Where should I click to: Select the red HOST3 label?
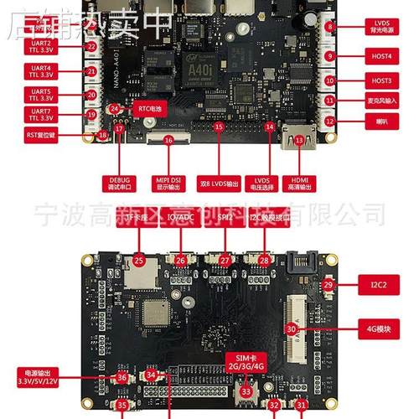[380, 80]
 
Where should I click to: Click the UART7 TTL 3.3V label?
[40, 115]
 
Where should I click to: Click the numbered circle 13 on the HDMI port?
[299, 141]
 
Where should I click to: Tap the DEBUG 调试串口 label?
[121, 184]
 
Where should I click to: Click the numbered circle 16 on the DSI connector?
[168, 142]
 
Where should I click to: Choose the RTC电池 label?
[142, 108]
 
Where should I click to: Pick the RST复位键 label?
[41, 134]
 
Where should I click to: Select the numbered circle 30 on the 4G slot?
[292, 329]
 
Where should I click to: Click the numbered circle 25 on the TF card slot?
[139, 261]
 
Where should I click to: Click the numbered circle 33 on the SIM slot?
[246, 391]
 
